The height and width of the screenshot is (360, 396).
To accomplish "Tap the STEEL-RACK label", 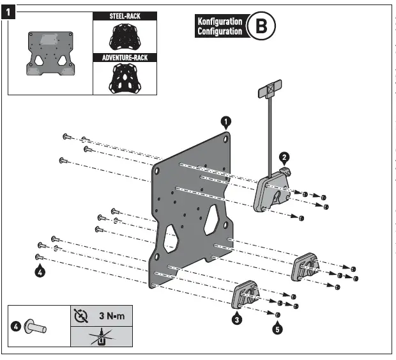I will (x=125, y=15).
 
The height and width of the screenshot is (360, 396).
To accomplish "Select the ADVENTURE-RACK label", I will (x=125, y=58).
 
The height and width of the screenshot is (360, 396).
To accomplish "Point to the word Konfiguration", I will (x=220, y=21).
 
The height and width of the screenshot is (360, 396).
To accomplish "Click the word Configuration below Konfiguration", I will (x=220, y=31).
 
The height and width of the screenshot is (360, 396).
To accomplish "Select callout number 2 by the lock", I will (x=284, y=155).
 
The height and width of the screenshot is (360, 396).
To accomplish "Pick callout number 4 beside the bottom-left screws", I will (x=40, y=271).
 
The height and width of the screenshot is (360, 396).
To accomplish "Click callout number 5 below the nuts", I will (x=277, y=329).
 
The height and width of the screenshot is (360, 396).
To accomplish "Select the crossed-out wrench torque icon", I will (x=80, y=315).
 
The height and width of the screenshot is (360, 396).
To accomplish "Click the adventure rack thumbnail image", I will (x=125, y=78).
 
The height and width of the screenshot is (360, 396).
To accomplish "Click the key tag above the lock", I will (x=271, y=89).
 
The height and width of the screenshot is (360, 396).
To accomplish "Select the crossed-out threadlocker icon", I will (x=101, y=336).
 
